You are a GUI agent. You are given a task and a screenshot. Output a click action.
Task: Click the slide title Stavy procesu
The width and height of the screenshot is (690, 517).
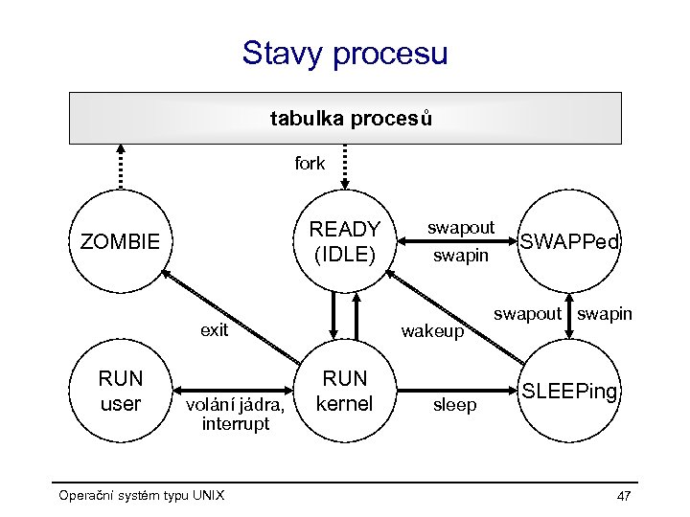pyautogui.click(x=345, y=53)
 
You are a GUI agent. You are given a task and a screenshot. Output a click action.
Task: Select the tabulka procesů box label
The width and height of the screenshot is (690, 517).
pyautogui.click(x=351, y=119)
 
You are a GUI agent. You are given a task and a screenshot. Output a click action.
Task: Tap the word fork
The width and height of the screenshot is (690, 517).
pyautogui.click(x=310, y=164)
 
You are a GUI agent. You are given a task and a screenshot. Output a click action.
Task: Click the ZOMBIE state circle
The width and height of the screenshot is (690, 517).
pyautogui.click(x=120, y=239)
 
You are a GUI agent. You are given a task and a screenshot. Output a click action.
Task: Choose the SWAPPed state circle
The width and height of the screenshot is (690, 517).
pyautogui.click(x=570, y=242)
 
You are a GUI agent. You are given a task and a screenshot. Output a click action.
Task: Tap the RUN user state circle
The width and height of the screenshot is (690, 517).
pyautogui.click(x=120, y=391)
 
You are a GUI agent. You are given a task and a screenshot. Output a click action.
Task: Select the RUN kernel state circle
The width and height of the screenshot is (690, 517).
pyautogui.click(x=345, y=391)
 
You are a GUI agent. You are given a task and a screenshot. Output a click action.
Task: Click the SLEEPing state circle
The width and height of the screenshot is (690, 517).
pyautogui.click(x=570, y=392)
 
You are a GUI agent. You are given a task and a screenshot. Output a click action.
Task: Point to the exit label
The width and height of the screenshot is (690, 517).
pyautogui.click(x=214, y=330)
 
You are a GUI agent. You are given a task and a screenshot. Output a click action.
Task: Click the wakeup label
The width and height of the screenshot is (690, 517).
pyautogui.click(x=432, y=331)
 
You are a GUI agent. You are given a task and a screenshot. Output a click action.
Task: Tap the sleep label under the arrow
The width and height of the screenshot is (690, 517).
pyautogui.click(x=454, y=405)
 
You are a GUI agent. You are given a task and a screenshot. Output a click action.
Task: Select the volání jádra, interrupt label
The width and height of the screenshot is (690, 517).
pyautogui.click(x=235, y=414)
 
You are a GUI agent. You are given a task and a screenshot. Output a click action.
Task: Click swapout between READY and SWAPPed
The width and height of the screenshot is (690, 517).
pyautogui.click(x=461, y=228)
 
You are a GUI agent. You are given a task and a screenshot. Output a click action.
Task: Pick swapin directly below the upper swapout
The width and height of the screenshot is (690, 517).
pyautogui.click(x=461, y=256)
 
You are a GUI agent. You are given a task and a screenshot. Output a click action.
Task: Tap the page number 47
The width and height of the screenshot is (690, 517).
pyautogui.click(x=624, y=496)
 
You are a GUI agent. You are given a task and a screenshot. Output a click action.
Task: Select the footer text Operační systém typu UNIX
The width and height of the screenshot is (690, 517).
pyautogui.click(x=141, y=495)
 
